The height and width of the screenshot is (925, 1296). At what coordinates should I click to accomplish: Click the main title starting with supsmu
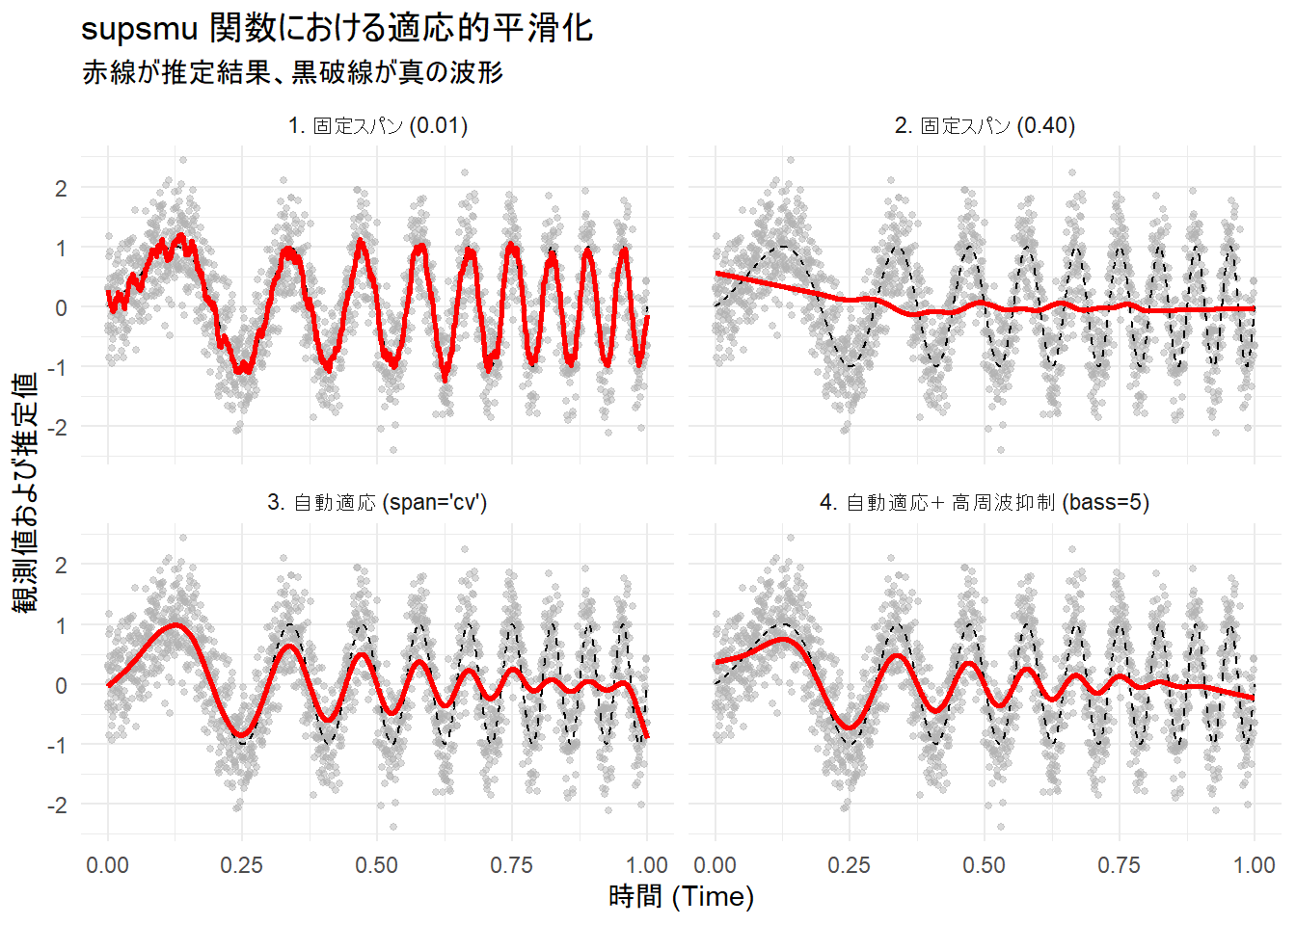(337, 29)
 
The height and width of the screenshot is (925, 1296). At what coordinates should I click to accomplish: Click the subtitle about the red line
(292, 72)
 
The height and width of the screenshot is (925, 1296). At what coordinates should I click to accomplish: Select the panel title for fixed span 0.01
(377, 126)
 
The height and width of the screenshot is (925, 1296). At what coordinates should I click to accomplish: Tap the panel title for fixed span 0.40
(985, 126)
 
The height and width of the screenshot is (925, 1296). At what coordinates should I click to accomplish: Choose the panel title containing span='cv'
(377, 503)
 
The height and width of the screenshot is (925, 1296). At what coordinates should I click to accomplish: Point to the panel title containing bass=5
(985, 503)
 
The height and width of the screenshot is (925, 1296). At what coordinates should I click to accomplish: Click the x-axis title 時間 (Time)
(681, 897)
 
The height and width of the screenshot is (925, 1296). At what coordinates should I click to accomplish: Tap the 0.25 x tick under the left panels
(242, 865)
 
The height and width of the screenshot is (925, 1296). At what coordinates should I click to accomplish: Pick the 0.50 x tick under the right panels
(985, 865)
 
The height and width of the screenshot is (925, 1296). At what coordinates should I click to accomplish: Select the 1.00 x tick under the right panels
(1254, 865)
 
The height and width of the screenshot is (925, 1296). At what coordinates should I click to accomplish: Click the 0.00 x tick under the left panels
(107, 865)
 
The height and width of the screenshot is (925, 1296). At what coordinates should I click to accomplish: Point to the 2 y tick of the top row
(62, 189)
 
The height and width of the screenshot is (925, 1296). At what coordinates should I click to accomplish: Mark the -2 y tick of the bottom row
(57, 805)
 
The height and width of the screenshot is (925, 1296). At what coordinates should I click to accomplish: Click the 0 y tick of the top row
(62, 308)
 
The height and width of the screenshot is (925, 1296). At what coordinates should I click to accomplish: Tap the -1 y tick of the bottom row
(57, 745)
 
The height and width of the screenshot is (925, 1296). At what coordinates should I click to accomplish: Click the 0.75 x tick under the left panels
(511, 865)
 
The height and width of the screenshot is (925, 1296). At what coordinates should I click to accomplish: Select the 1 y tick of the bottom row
(62, 626)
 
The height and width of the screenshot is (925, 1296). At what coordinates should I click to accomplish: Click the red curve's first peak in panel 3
(175, 624)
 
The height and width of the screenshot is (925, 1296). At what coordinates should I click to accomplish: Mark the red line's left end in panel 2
(716, 274)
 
